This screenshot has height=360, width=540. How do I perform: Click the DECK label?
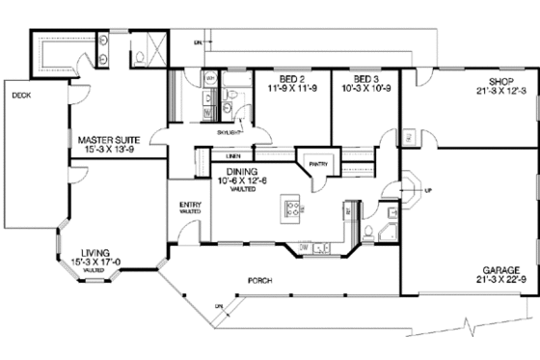tap(21, 96)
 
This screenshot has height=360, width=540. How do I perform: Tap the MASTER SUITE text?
tap(109, 141)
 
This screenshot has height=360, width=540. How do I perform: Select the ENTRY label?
tap(189, 204)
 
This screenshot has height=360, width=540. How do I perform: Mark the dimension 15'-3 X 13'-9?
tap(109, 152)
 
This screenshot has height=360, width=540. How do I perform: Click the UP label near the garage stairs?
tap(428, 189)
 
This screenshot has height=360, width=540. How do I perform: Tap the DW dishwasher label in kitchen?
tap(304, 248)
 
